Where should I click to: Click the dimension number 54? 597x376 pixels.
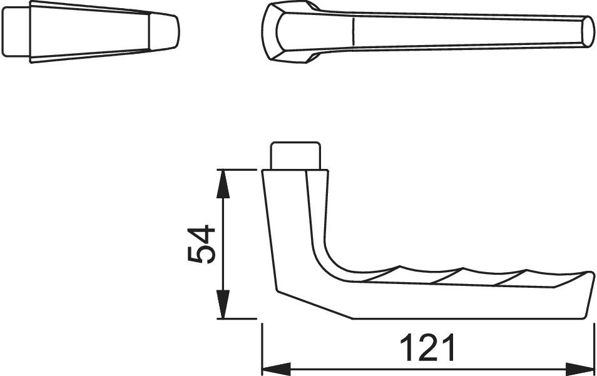202,244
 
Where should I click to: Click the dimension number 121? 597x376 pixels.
427,347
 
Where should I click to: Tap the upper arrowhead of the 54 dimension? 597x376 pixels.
223,184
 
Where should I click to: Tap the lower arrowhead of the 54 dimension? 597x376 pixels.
223,304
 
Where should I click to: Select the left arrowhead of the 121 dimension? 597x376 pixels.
277,369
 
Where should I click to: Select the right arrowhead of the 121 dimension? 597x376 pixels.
580,369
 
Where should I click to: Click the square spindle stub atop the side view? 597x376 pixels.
295,156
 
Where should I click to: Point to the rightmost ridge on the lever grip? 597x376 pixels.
510,277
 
